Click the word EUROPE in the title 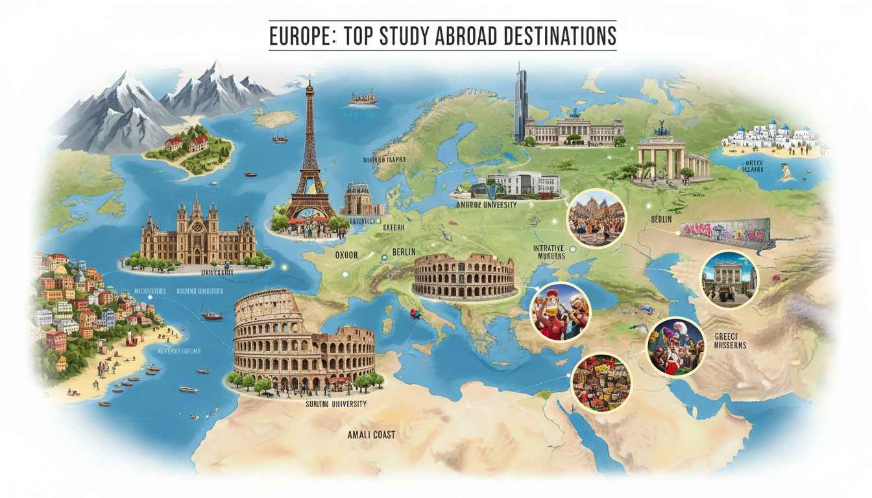click(x=300, y=36)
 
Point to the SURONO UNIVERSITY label click(x=335, y=404)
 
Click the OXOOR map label click(x=346, y=254)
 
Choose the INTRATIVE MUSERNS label click(x=549, y=252)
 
